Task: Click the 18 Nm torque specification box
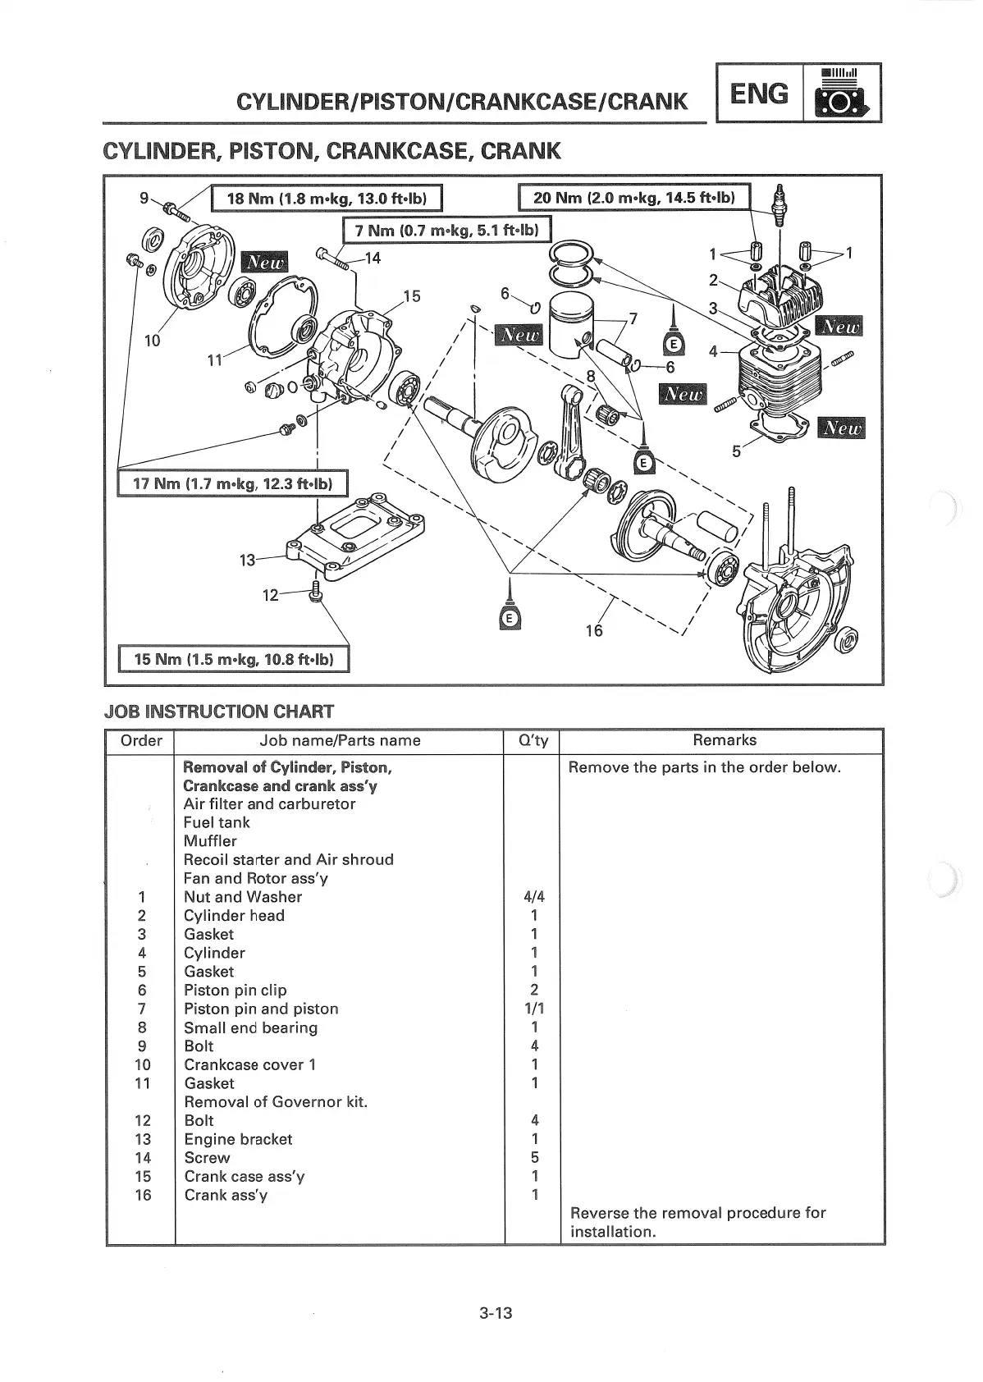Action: (x=326, y=199)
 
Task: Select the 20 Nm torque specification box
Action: (x=635, y=198)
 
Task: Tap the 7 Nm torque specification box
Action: (x=446, y=231)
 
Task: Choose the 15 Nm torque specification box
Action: (x=234, y=659)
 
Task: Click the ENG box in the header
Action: (x=759, y=94)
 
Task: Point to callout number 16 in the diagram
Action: (x=593, y=629)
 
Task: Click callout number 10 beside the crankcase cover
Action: (x=153, y=341)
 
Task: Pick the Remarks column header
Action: (x=724, y=740)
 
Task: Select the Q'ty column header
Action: (x=533, y=740)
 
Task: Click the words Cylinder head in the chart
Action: (x=234, y=916)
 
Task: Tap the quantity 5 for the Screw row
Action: (x=534, y=1158)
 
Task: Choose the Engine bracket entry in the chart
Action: (x=238, y=1139)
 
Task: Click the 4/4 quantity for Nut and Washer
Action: (x=534, y=897)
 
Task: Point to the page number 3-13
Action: (x=496, y=1313)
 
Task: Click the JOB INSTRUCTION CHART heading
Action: (x=219, y=711)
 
